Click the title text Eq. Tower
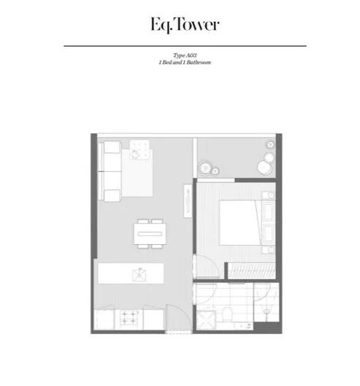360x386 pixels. coord(180,23)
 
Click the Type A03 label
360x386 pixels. coord(180,56)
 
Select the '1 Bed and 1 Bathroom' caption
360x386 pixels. coord(180,62)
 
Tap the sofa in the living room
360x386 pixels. coord(112,172)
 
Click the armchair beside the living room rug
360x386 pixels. coord(139,151)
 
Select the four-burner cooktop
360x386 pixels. coord(130,319)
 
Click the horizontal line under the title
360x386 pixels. coord(180,45)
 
